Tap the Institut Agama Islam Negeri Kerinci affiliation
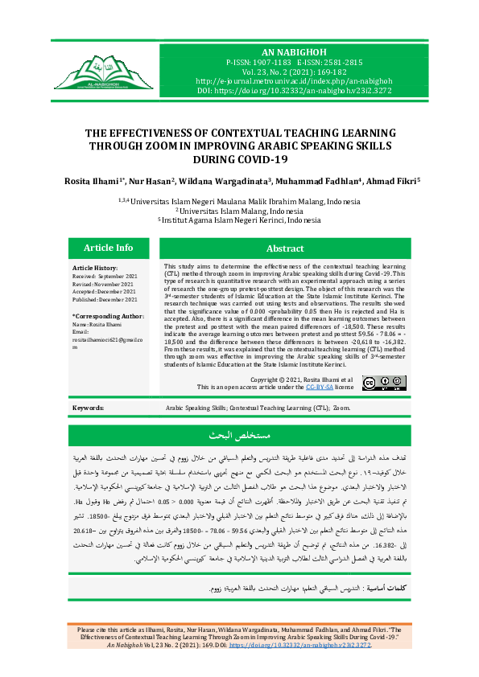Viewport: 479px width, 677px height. [x=239, y=220]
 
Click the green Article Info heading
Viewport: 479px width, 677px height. [x=109, y=248]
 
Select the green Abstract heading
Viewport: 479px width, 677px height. [x=285, y=249]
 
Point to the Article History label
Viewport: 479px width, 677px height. [x=95, y=268]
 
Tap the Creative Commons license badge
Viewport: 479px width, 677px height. [x=378, y=384]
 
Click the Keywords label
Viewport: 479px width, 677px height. [x=88, y=408]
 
